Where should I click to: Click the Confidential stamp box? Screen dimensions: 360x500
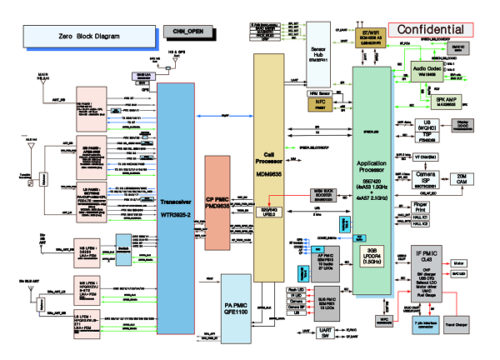click(x=431, y=30)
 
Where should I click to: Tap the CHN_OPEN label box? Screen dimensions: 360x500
click(x=187, y=32)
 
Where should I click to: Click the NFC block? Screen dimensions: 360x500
click(x=321, y=106)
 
